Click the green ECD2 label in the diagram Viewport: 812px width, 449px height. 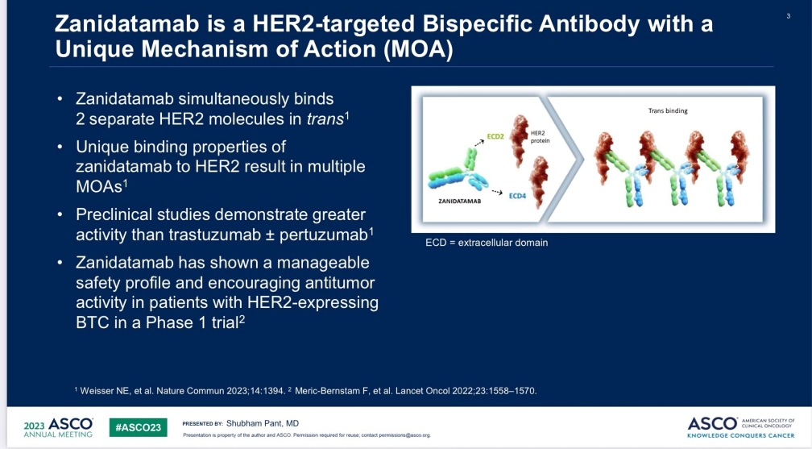(x=495, y=136)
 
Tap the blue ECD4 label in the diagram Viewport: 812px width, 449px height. (x=517, y=196)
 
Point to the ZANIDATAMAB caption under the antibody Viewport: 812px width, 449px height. (x=459, y=202)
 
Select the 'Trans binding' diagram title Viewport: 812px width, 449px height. (x=668, y=110)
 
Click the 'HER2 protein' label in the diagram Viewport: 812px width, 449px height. (x=540, y=137)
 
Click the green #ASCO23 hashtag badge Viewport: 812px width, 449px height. (x=139, y=427)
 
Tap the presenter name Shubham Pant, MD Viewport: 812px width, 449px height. (x=263, y=423)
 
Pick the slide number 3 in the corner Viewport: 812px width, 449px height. (x=788, y=16)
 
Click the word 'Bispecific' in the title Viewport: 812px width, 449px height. (x=478, y=24)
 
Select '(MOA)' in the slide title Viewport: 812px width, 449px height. (x=418, y=49)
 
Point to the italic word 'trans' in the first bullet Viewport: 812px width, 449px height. (x=325, y=118)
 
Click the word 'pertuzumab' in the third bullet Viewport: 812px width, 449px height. (x=323, y=235)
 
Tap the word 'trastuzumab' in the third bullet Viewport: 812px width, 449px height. (x=214, y=235)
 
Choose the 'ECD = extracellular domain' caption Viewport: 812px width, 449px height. (x=487, y=243)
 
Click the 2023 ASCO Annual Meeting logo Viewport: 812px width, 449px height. (x=59, y=427)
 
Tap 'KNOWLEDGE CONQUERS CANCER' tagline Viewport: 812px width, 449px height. (x=740, y=435)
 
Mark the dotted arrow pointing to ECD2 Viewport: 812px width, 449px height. (x=479, y=142)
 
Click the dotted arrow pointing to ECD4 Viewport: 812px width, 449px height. (x=497, y=193)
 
